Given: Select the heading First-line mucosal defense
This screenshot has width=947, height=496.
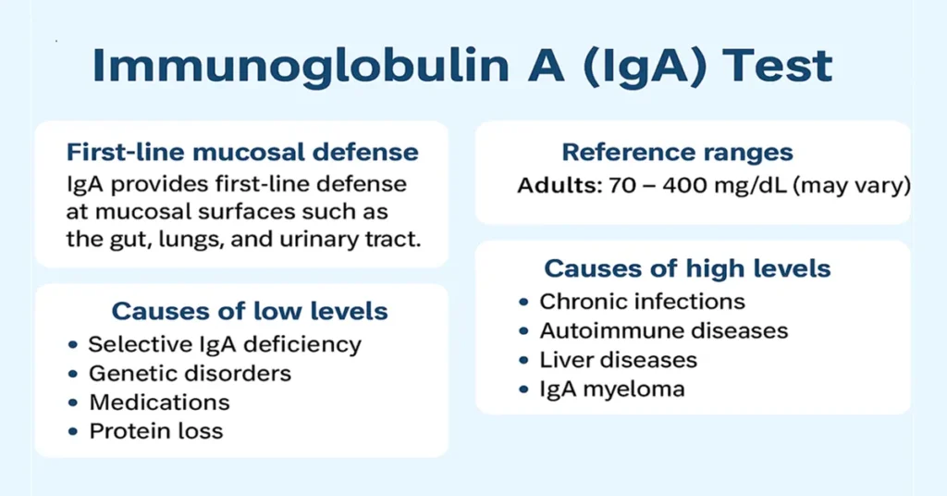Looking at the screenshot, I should [242, 152].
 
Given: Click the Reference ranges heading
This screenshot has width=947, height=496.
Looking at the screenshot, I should [678, 153].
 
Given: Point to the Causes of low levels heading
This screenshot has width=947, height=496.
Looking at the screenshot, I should [250, 310].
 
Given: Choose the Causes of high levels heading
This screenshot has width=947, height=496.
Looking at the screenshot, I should [687, 268].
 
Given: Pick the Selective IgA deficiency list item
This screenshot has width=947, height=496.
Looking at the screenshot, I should [225, 344].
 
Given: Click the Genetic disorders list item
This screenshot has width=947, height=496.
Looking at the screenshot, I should [190, 373].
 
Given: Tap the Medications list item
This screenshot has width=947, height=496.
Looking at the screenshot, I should [159, 402].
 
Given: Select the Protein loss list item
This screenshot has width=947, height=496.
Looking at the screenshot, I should [155, 430].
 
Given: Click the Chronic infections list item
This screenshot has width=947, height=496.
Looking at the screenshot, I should [642, 301].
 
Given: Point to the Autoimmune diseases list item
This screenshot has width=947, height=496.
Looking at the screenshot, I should [663, 330].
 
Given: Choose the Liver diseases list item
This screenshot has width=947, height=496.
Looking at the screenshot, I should [618, 359].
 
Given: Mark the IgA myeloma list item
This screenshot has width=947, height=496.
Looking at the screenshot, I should [612, 388].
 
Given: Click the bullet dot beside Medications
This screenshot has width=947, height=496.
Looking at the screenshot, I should [73, 403].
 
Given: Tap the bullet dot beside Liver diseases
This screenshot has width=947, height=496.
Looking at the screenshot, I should [524, 361].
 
